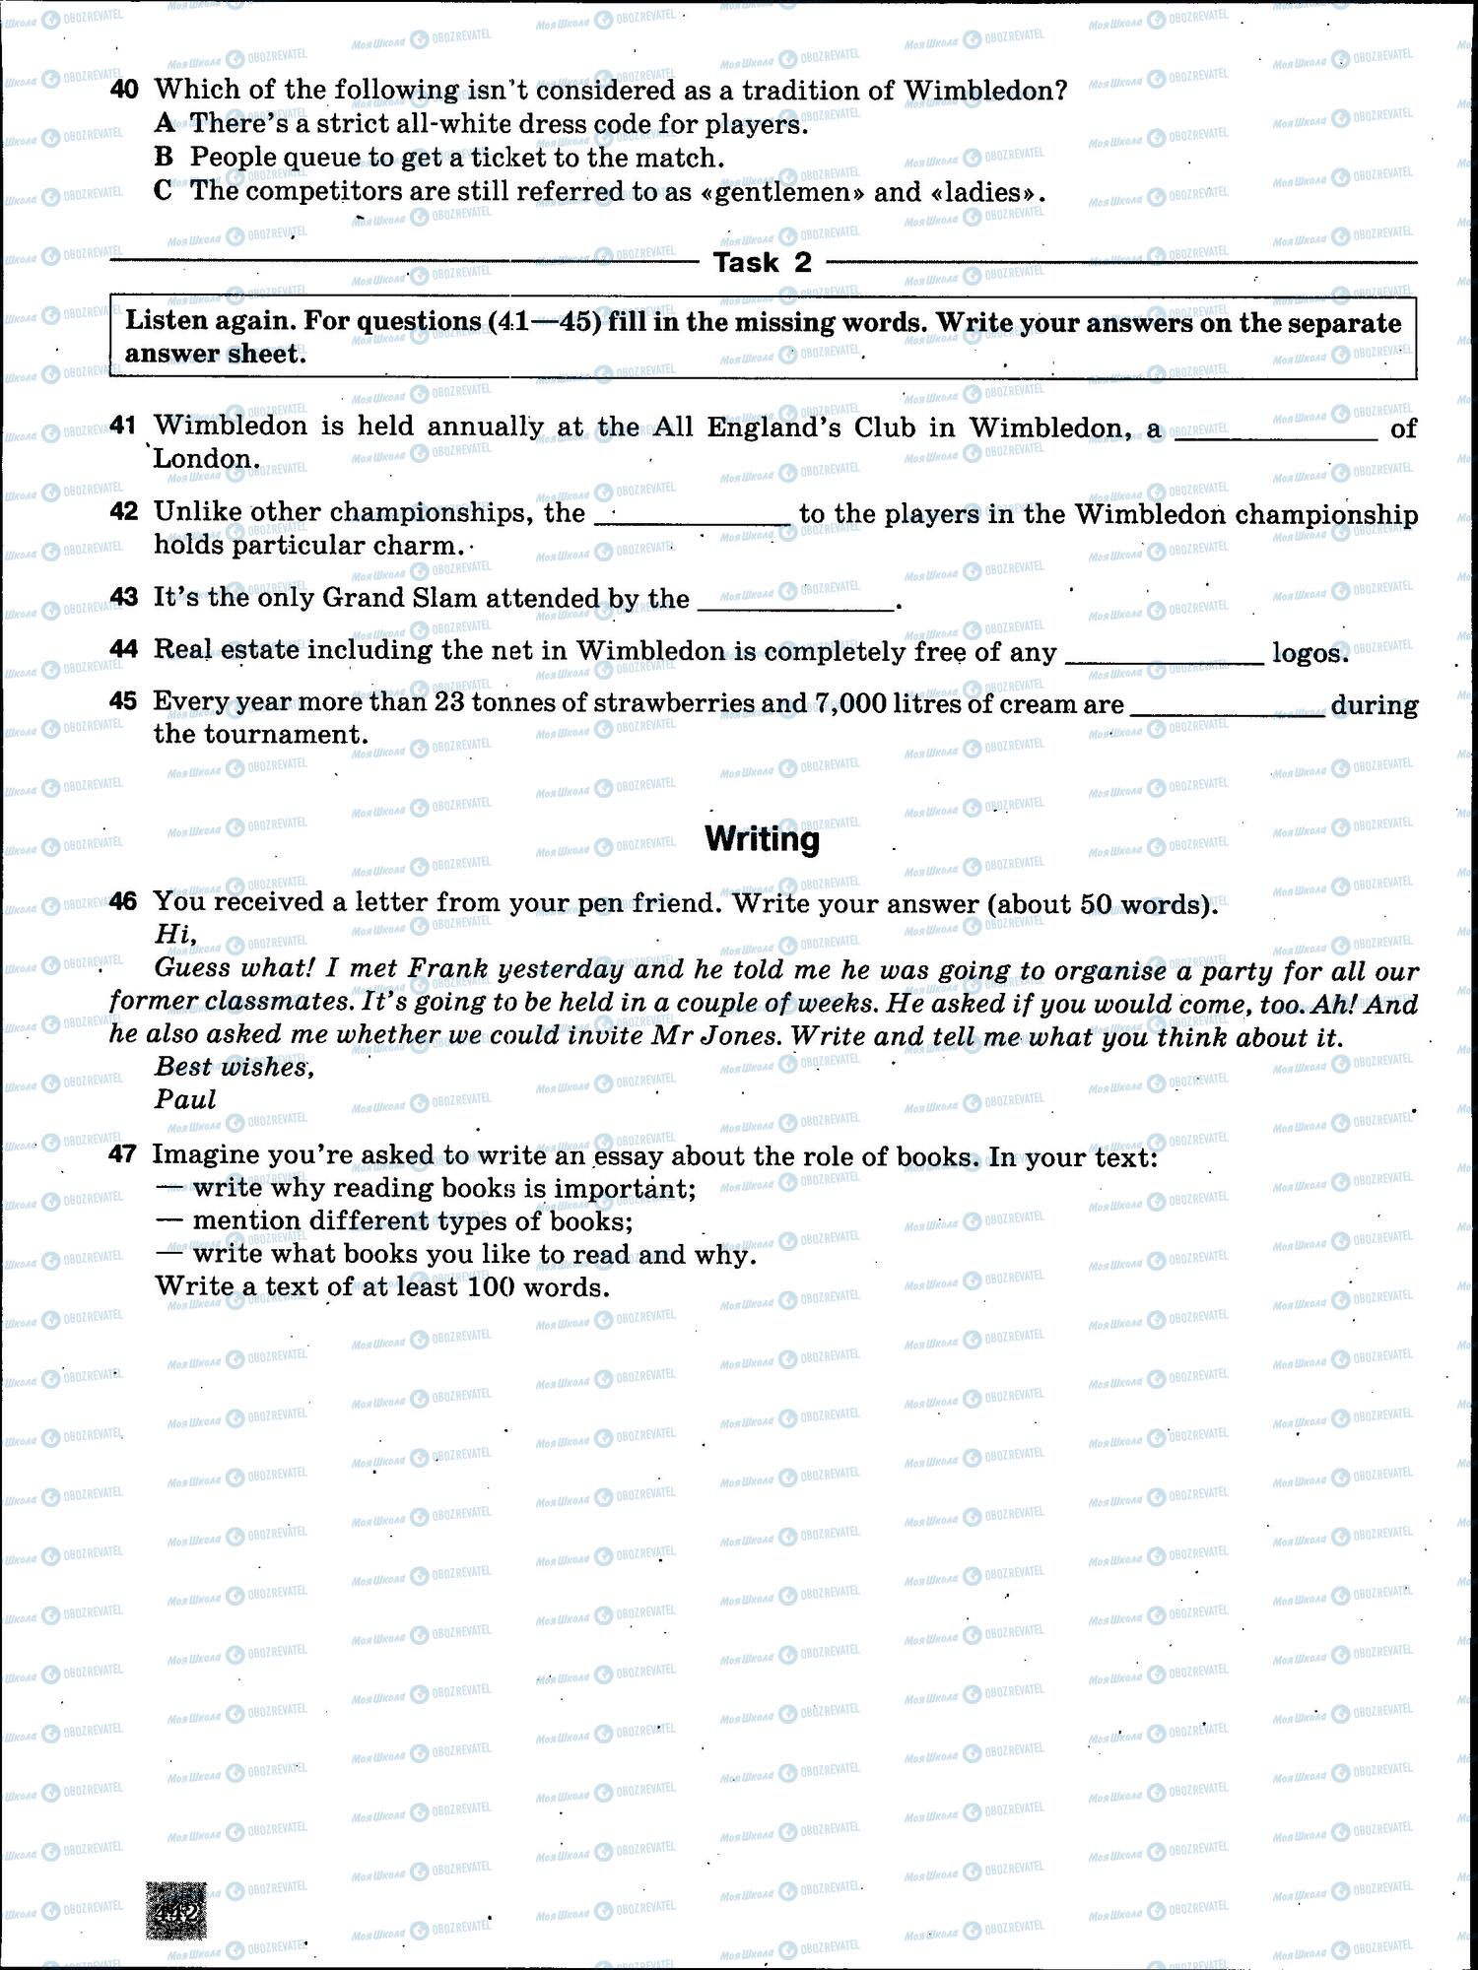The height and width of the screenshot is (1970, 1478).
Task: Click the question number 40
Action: pyautogui.click(x=124, y=90)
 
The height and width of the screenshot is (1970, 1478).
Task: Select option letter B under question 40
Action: pyautogui.click(x=164, y=158)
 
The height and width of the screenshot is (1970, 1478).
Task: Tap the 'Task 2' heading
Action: pyautogui.click(x=763, y=262)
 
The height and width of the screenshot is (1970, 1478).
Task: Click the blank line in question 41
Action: pyautogui.click(x=1276, y=435)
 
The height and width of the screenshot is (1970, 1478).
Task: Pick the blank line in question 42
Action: pyautogui.click(x=693, y=521)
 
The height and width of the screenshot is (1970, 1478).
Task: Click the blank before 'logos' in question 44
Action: pyautogui.click(x=1164, y=659)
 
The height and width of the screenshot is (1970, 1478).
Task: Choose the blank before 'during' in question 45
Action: pyautogui.click(x=1228, y=712)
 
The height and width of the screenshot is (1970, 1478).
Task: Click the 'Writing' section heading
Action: pyautogui.click(x=763, y=839)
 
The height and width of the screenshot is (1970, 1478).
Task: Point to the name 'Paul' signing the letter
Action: pyautogui.click(x=185, y=1099)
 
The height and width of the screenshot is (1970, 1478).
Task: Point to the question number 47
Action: pyautogui.click(x=123, y=1154)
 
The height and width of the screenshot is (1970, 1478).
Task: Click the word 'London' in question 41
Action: pyautogui.click(x=204, y=459)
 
